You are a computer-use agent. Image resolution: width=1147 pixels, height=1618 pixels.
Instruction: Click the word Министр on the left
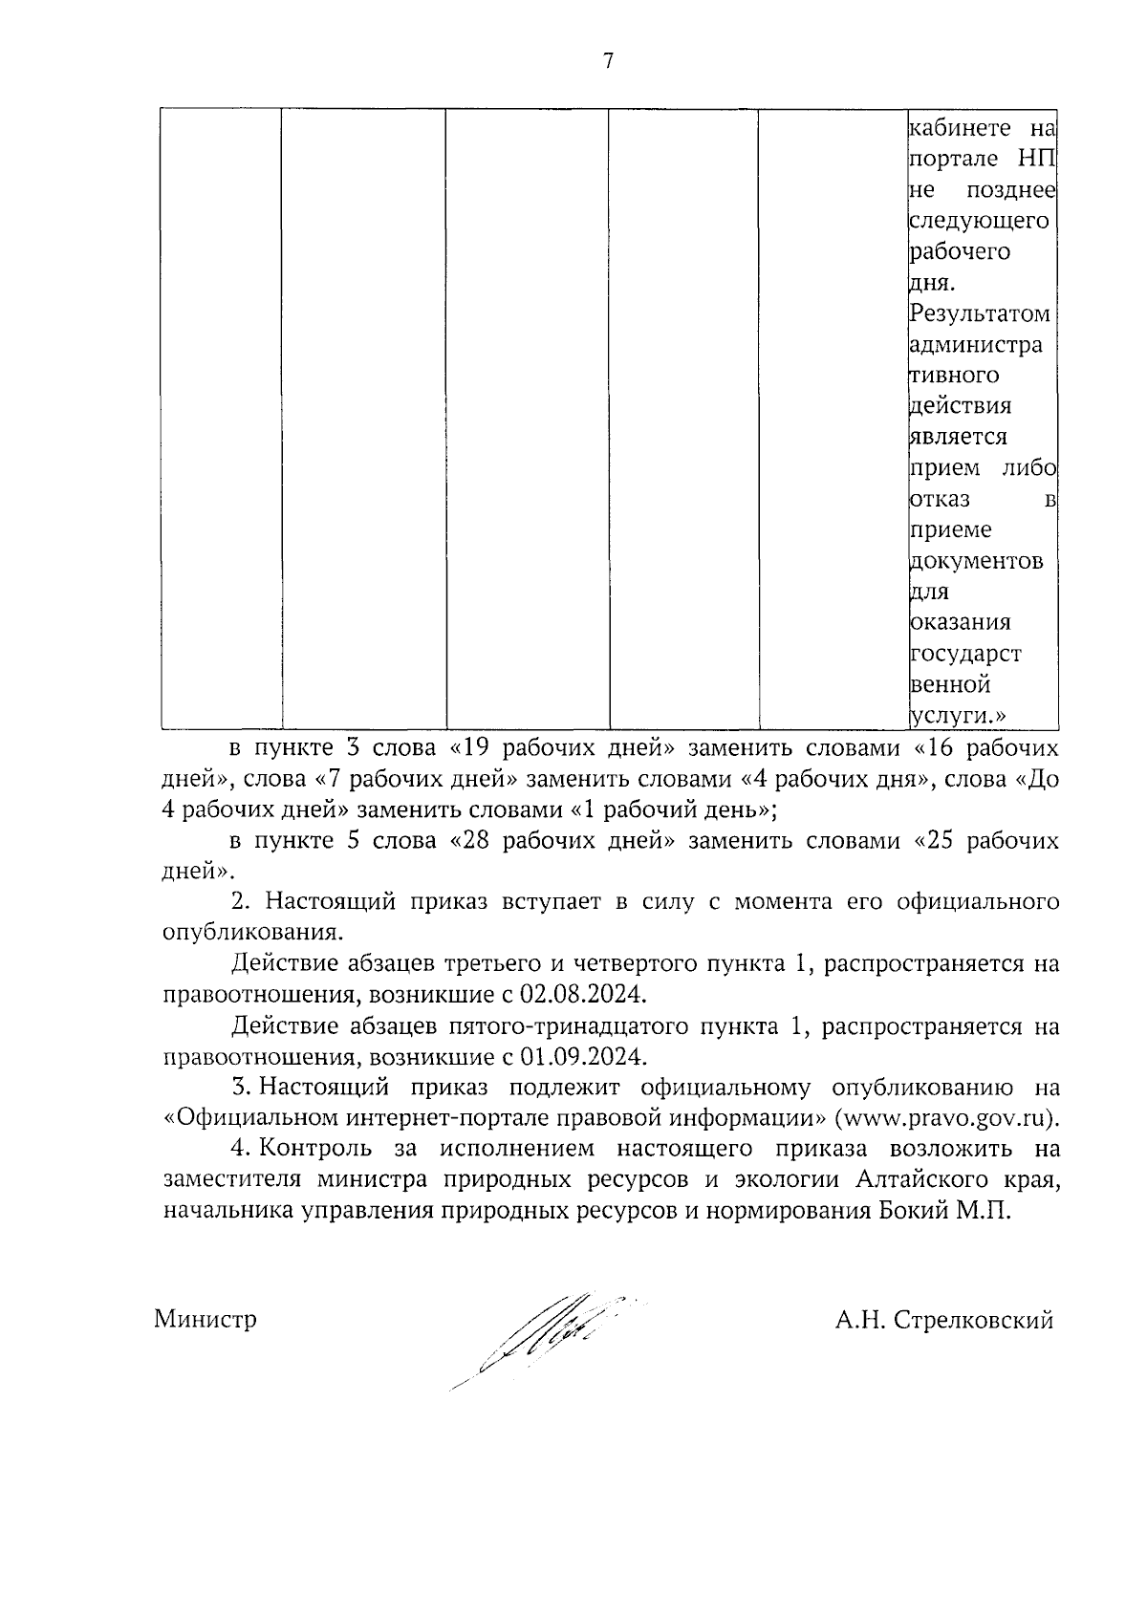pos(206,1320)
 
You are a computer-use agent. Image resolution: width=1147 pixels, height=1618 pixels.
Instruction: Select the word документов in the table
pos(974,560)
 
